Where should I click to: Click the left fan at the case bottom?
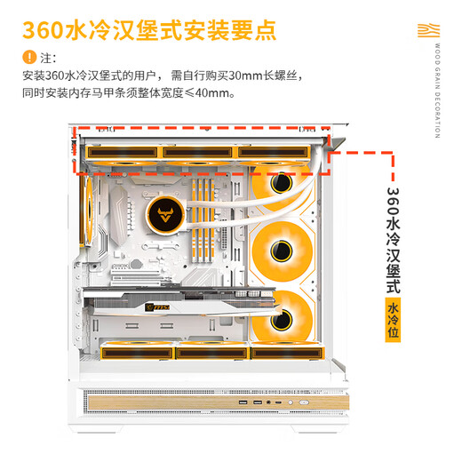click(x=135, y=351)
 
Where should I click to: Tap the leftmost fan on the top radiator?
click(x=123, y=152)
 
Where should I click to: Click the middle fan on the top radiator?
click(x=197, y=152)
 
